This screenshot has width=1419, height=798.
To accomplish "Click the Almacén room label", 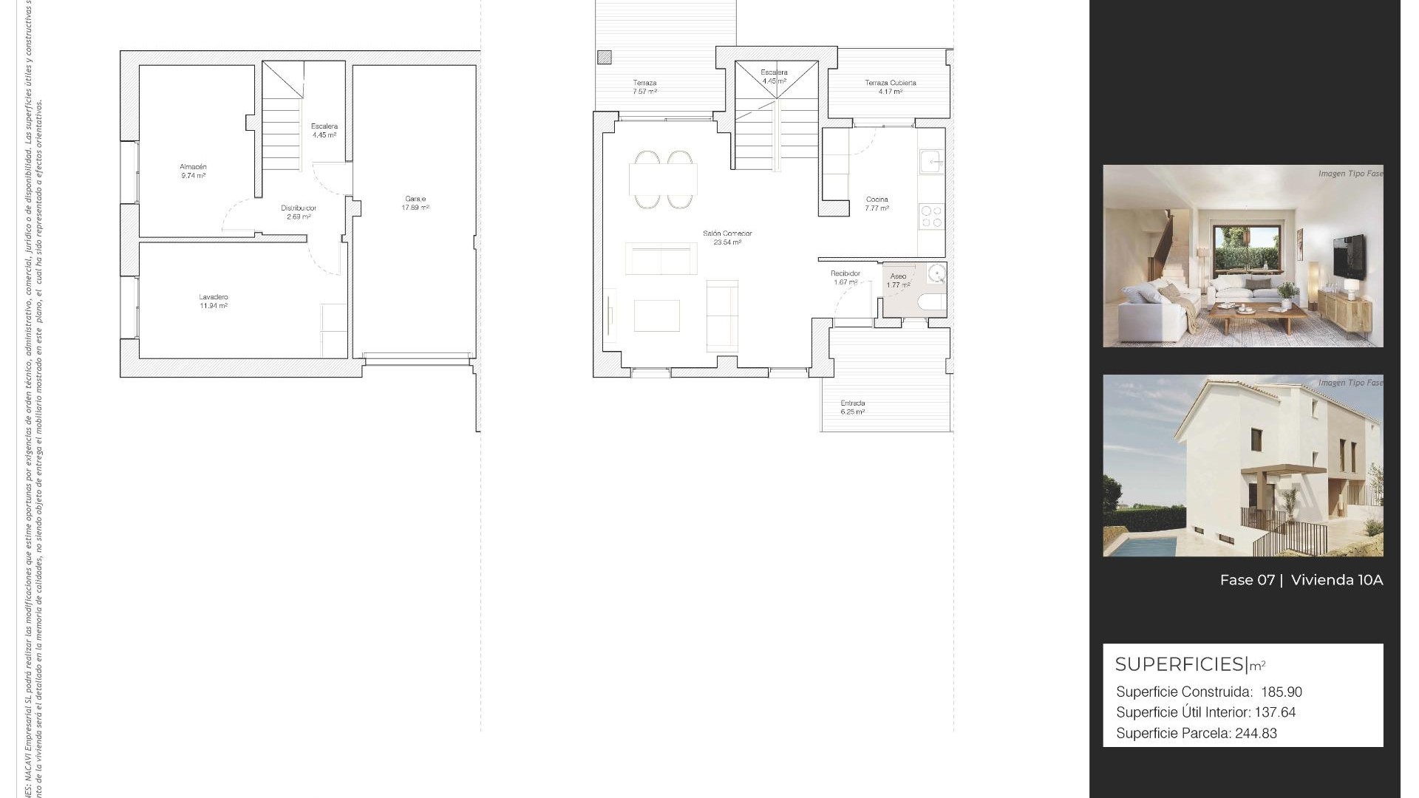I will click(x=193, y=171).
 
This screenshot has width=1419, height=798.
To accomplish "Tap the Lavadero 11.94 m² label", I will click(x=213, y=301).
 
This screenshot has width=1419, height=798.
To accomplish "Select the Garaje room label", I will click(x=415, y=203).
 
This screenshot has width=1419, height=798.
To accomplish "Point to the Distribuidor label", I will click(x=299, y=212).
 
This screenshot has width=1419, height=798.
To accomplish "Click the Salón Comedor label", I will click(x=727, y=238).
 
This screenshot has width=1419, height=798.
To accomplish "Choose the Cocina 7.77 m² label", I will click(x=877, y=204).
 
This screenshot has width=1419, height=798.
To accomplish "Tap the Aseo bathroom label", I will click(x=898, y=280).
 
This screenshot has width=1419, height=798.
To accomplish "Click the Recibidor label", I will click(x=845, y=278).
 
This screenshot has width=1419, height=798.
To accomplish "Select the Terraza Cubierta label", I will click(x=891, y=87).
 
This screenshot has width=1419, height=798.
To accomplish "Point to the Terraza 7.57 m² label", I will click(x=644, y=87).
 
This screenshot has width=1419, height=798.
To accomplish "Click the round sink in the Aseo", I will click(x=936, y=273).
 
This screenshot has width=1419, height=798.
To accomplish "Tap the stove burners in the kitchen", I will click(x=931, y=216).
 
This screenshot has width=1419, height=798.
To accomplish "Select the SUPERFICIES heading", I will click(x=1180, y=664).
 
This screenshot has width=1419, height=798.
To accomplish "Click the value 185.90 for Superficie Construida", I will click(x=1282, y=692).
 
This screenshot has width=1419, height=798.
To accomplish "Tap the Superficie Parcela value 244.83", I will click(x=1256, y=734).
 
